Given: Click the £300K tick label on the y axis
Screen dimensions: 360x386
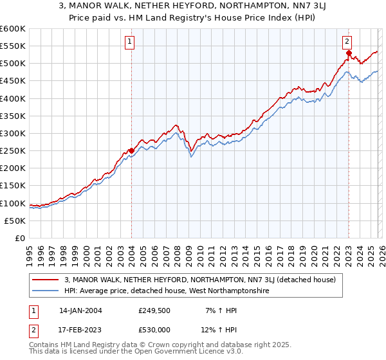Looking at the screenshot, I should coord(13,133).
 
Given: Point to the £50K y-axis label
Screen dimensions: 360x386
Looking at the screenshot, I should coord(15,221).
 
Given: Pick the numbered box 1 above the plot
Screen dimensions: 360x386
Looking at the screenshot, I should coord(129,42).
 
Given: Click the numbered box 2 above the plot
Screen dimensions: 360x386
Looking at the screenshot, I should coord(347,42).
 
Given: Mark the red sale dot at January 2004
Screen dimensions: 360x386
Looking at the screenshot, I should coord(131,150).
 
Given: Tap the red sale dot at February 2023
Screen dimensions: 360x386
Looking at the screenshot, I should coord(349,53).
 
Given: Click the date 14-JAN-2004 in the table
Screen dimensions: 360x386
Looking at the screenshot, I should coord(80,310).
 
